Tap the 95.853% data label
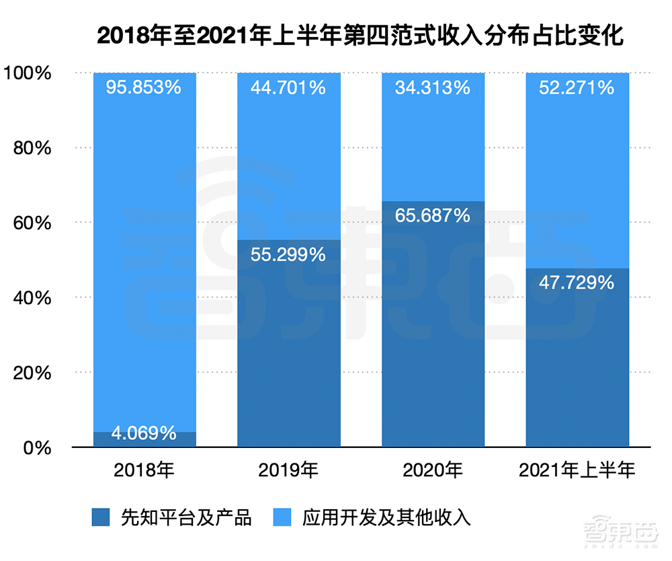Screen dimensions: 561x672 [x=144, y=87]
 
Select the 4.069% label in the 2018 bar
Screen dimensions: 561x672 [x=144, y=433]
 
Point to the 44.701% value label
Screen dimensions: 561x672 [x=288, y=87]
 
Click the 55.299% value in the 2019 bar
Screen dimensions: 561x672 [x=288, y=254]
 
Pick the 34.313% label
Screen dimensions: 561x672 [x=433, y=87]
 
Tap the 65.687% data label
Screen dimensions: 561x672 [x=433, y=215]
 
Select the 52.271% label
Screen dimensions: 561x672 [x=577, y=87]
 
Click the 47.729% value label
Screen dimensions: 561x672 [x=577, y=283]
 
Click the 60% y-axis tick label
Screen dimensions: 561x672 [x=32, y=223]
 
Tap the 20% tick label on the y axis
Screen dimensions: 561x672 [x=32, y=373]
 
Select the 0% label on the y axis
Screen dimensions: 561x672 [x=37, y=447]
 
